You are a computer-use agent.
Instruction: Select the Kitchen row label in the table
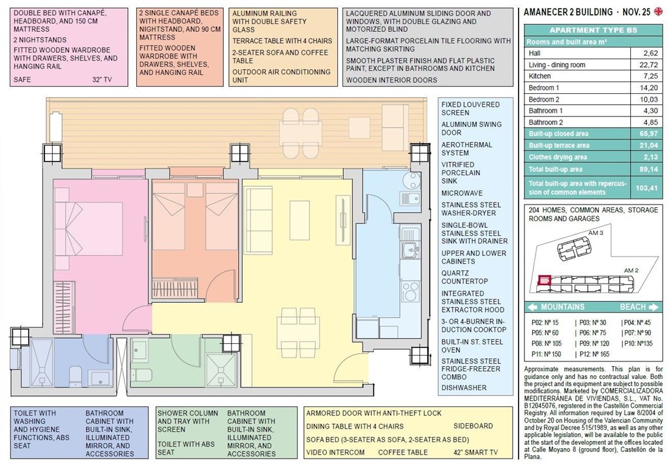[x=540, y=76]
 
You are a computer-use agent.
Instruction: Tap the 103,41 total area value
[x=645, y=188]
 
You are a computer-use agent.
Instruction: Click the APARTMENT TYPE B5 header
[x=593, y=30]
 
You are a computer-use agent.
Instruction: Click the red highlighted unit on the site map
[x=543, y=281]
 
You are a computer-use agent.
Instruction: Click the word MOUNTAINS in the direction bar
[x=562, y=307]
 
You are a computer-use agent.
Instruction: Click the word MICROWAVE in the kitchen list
[x=463, y=193]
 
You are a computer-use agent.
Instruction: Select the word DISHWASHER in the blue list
[x=463, y=388]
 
